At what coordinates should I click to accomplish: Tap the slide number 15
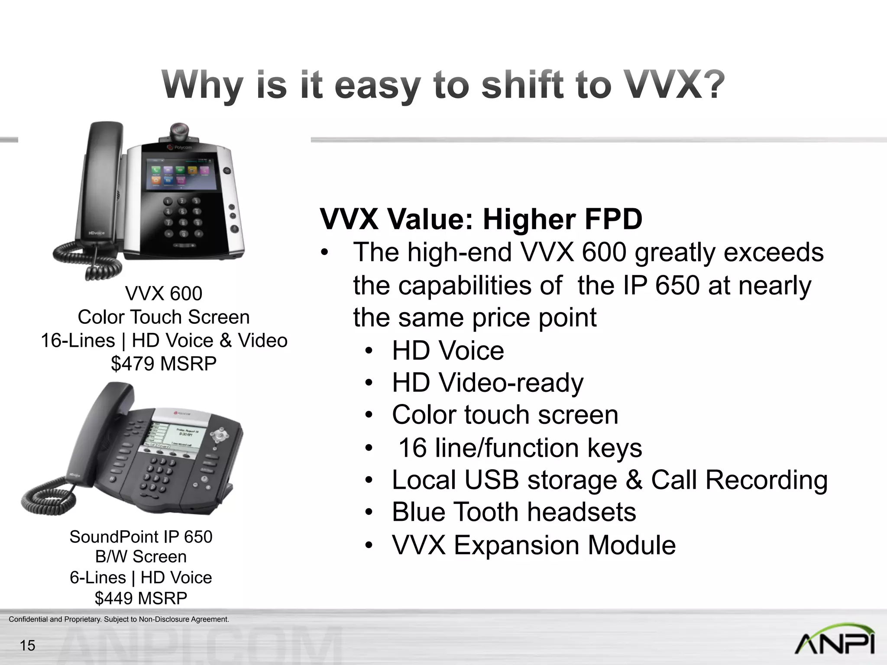[27, 646]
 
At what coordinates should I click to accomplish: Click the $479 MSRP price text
[164, 364]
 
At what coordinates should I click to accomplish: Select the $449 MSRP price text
[141, 598]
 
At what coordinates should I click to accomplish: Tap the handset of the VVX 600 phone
[97, 182]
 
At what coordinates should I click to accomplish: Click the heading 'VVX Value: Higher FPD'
[481, 219]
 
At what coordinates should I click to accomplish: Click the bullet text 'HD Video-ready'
[488, 383]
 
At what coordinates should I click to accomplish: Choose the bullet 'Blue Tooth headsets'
[514, 512]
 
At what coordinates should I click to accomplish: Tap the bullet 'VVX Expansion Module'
[534, 545]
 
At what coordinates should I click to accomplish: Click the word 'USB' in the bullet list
[492, 480]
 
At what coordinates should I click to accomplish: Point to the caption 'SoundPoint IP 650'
[141, 537]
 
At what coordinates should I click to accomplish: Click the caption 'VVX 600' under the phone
[164, 294]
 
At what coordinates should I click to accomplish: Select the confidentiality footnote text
[119, 620]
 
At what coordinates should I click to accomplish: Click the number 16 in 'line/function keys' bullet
[412, 448]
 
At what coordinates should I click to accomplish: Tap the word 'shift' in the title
[523, 85]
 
